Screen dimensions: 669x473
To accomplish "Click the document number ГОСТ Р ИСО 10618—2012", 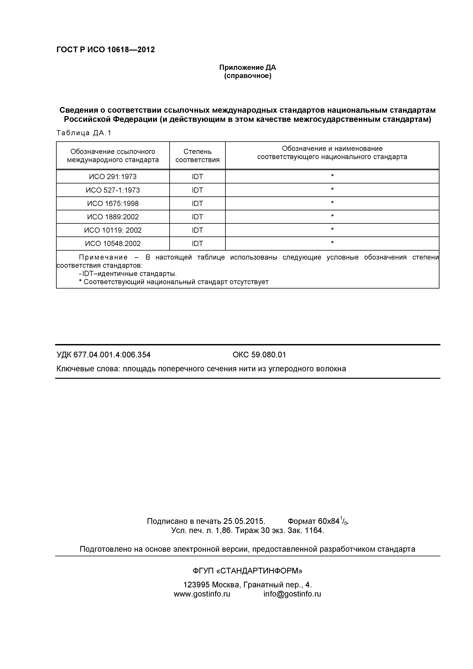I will (105, 50).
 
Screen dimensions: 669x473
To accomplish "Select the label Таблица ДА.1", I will (84, 133).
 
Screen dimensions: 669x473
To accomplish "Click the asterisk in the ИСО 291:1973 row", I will (332, 176).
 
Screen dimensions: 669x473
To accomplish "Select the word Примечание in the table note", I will (103, 257).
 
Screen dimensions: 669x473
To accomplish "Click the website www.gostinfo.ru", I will (202, 594).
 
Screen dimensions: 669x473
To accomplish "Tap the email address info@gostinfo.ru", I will (292, 594).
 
